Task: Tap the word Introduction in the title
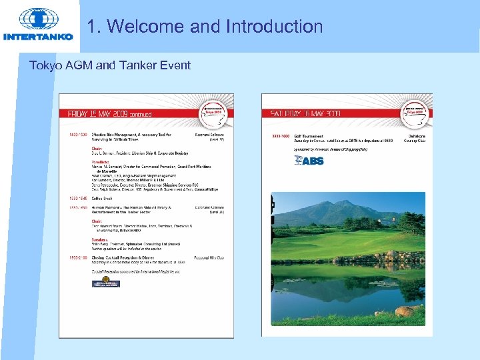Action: click(275, 27)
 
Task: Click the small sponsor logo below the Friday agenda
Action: click(105, 283)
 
